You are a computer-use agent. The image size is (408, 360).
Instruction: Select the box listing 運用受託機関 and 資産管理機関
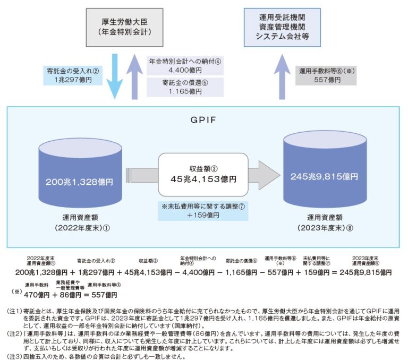coord(282,25)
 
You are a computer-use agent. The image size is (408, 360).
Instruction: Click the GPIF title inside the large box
coord(204,119)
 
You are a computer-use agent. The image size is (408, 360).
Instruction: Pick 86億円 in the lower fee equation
coord(72,294)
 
